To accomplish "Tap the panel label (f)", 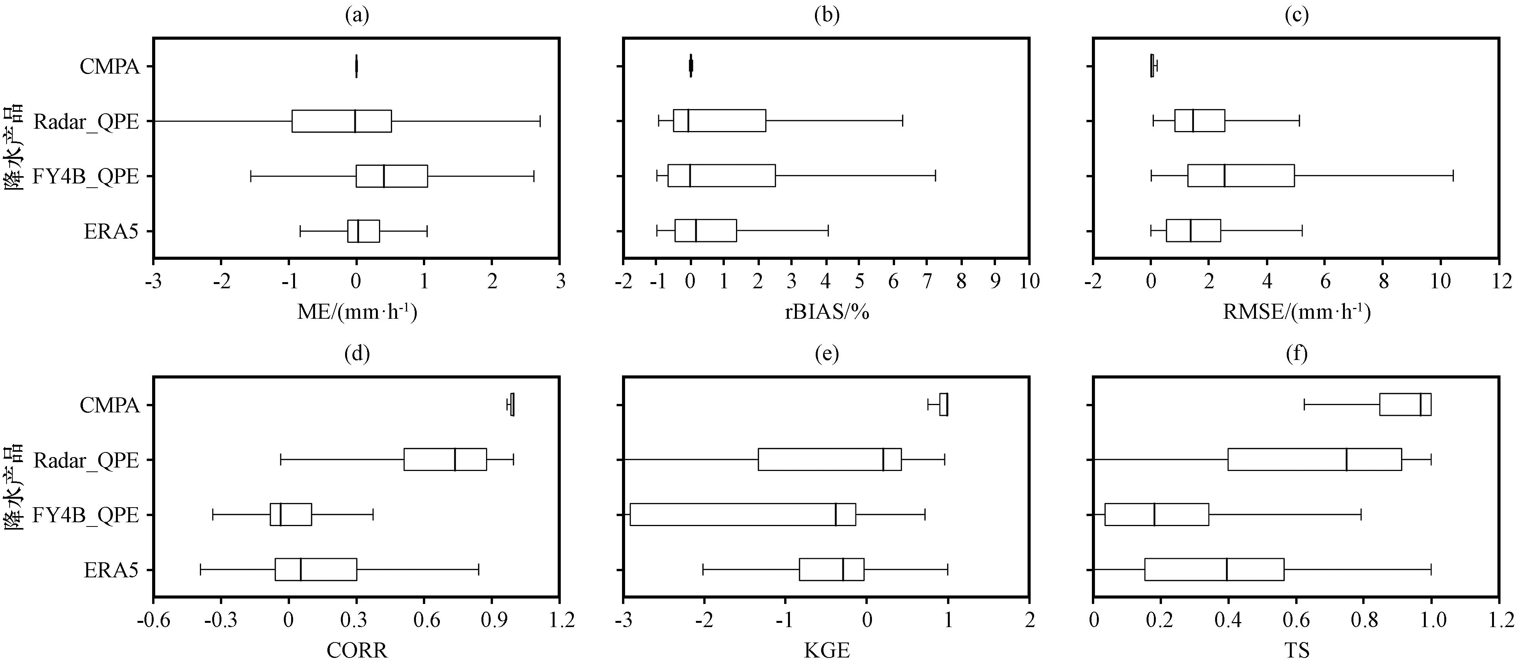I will (1297, 354).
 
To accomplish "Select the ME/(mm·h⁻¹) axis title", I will (357, 311).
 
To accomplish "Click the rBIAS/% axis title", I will (827, 311).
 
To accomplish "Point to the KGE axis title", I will (827, 650).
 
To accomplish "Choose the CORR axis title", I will (357, 650).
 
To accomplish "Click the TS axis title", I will (1297, 650).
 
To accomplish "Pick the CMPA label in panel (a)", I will (110, 67).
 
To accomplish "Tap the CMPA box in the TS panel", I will (1405, 405).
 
